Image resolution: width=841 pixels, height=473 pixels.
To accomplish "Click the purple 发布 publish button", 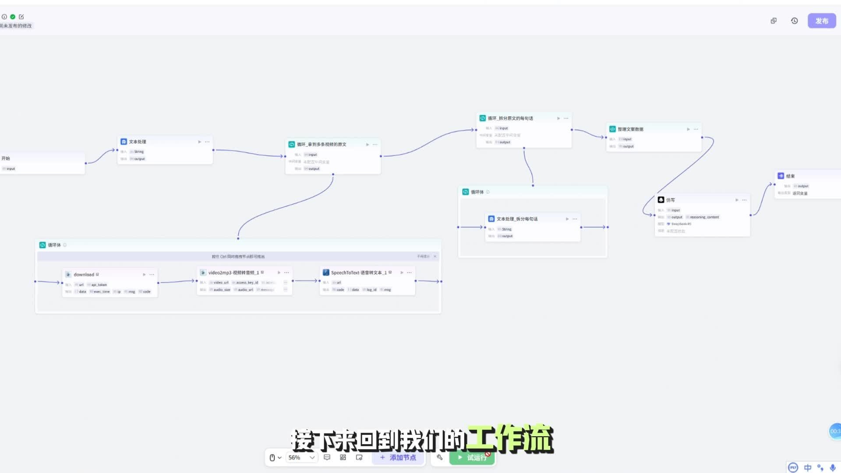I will (x=821, y=21).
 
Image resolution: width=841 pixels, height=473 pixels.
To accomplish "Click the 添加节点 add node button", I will (x=398, y=457).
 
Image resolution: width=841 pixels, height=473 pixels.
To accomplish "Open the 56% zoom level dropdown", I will (x=301, y=457).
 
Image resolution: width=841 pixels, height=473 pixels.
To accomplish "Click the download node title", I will (x=84, y=275).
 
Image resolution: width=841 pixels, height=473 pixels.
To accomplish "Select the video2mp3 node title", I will (x=233, y=272).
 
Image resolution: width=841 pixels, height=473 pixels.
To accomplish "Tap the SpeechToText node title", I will (x=358, y=272).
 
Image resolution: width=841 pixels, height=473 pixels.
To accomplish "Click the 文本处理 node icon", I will (x=124, y=141).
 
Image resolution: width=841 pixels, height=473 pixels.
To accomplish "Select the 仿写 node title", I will (x=670, y=200).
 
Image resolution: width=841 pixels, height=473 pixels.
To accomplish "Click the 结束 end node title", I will (x=790, y=176).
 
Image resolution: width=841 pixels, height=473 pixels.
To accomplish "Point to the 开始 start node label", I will (x=6, y=159).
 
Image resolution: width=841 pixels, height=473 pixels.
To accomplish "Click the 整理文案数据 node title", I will (x=630, y=129).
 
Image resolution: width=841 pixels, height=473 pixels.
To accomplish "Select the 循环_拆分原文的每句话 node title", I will (x=510, y=118).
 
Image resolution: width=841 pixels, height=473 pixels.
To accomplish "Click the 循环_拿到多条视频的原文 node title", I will (x=322, y=145).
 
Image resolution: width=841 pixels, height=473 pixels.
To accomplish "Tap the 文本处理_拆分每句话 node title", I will (x=517, y=219).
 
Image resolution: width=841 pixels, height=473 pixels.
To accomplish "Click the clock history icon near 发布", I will (x=794, y=21).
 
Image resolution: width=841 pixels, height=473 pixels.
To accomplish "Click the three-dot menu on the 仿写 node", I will (x=744, y=200).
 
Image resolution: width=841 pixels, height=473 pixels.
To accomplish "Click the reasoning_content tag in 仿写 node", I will (x=704, y=217).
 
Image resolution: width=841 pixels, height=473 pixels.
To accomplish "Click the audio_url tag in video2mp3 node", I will (x=245, y=290).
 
